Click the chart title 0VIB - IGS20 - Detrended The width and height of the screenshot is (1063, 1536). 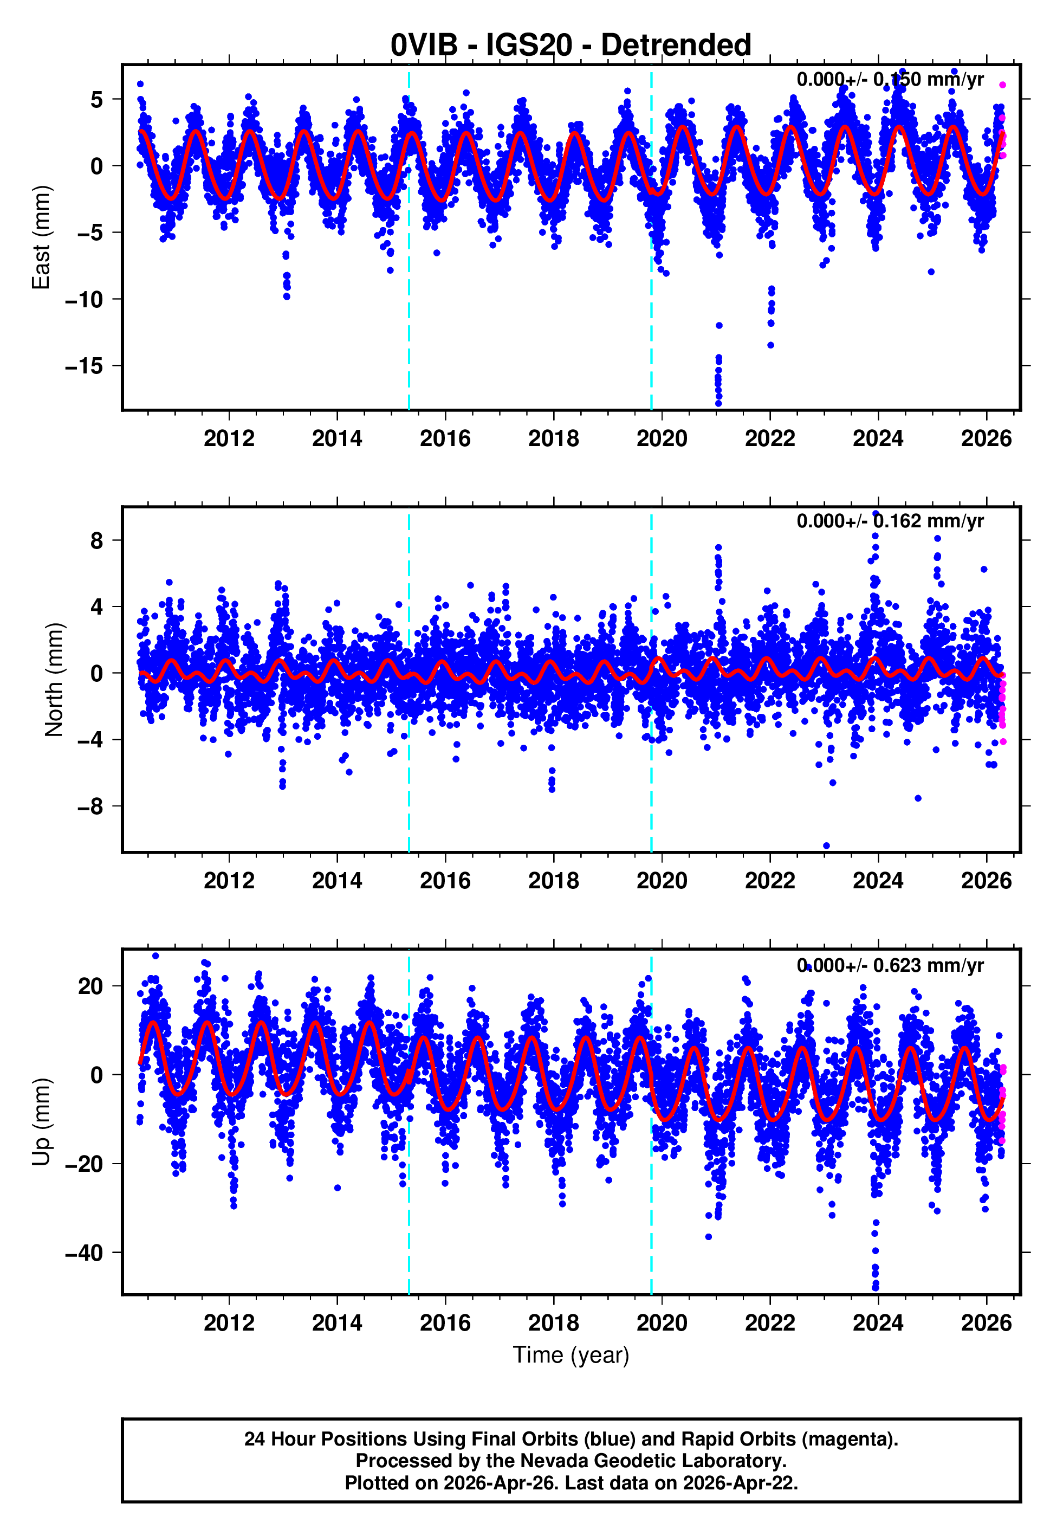tap(571, 46)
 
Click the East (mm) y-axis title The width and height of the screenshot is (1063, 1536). tap(41, 237)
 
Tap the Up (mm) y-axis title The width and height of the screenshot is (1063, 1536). tap(41, 1122)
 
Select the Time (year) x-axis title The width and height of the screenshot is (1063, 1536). tap(571, 1355)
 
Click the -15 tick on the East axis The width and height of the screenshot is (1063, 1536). tap(84, 366)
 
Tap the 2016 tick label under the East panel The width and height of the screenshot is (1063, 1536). tap(445, 438)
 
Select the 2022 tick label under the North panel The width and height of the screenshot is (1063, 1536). tap(769, 881)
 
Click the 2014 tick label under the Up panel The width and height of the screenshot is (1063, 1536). tap(337, 1323)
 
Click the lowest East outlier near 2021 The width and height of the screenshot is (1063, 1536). tap(718, 404)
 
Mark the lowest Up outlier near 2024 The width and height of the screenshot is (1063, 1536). tap(875, 1288)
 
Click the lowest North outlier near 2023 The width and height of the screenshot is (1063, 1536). tap(827, 846)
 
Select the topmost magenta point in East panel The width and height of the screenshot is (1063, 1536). tap(1002, 85)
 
